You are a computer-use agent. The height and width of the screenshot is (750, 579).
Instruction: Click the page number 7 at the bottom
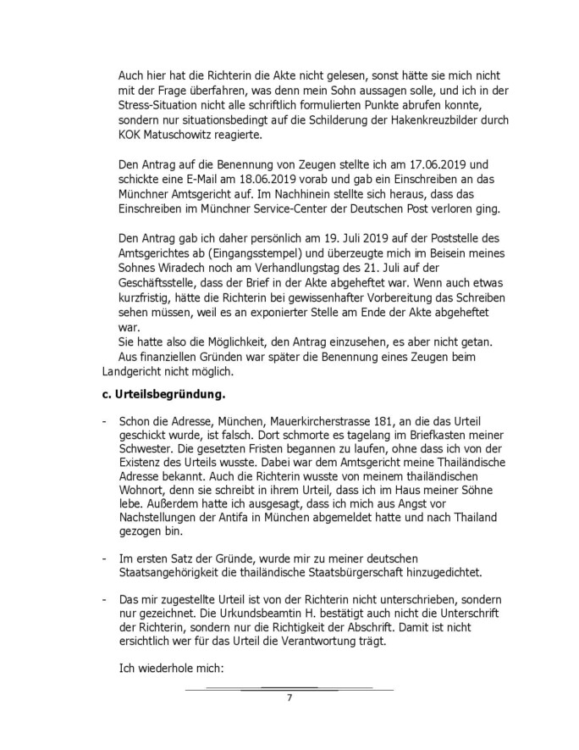pyautogui.click(x=289, y=697)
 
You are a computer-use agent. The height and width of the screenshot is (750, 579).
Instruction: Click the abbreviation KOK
pyautogui.click(x=133, y=134)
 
